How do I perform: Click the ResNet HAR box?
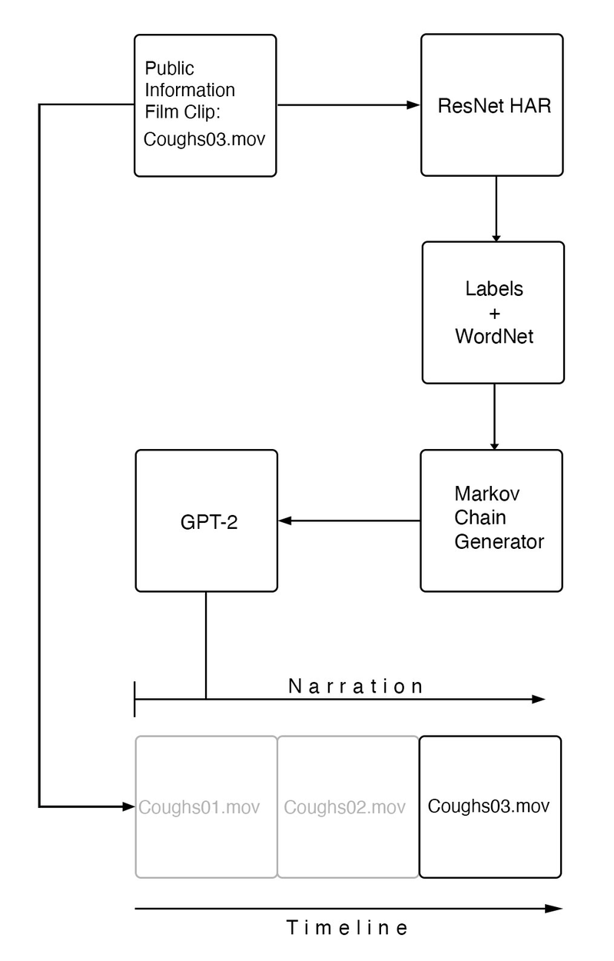[x=493, y=106]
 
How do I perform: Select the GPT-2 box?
[x=206, y=520]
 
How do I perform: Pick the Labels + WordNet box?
[x=493, y=312]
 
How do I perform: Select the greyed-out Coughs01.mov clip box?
[x=206, y=807]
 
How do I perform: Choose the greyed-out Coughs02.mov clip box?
[x=347, y=807]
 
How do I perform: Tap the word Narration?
[x=355, y=687]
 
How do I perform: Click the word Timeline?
[x=347, y=928]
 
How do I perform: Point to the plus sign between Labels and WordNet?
[x=494, y=313]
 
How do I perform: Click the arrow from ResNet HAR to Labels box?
[x=496, y=208]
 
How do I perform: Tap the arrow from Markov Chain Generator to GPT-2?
[x=350, y=521]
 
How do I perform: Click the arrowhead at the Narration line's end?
[x=539, y=700]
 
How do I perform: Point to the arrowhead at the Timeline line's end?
[x=556, y=908]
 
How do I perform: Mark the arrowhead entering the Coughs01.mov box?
[x=129, y=806]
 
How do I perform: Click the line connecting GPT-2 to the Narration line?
[x=206, y=646]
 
